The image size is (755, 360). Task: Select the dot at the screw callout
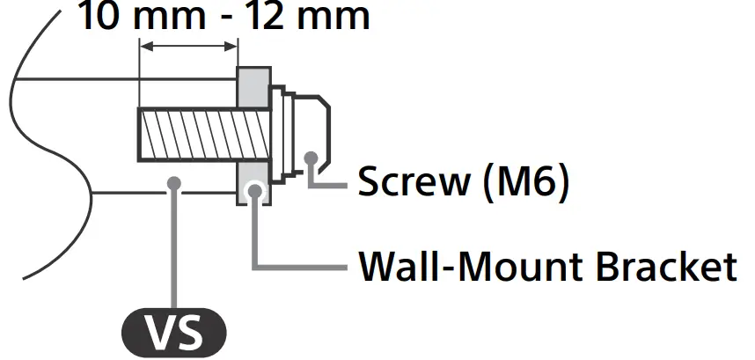(x=311, y=158)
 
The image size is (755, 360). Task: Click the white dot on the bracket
(x=255, y=188)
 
